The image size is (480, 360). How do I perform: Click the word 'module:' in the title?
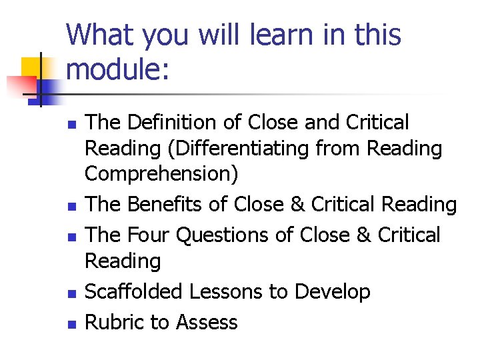pos(119,69)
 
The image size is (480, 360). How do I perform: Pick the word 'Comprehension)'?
pos(161,174)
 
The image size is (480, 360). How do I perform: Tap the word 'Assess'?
pos(207,322)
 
